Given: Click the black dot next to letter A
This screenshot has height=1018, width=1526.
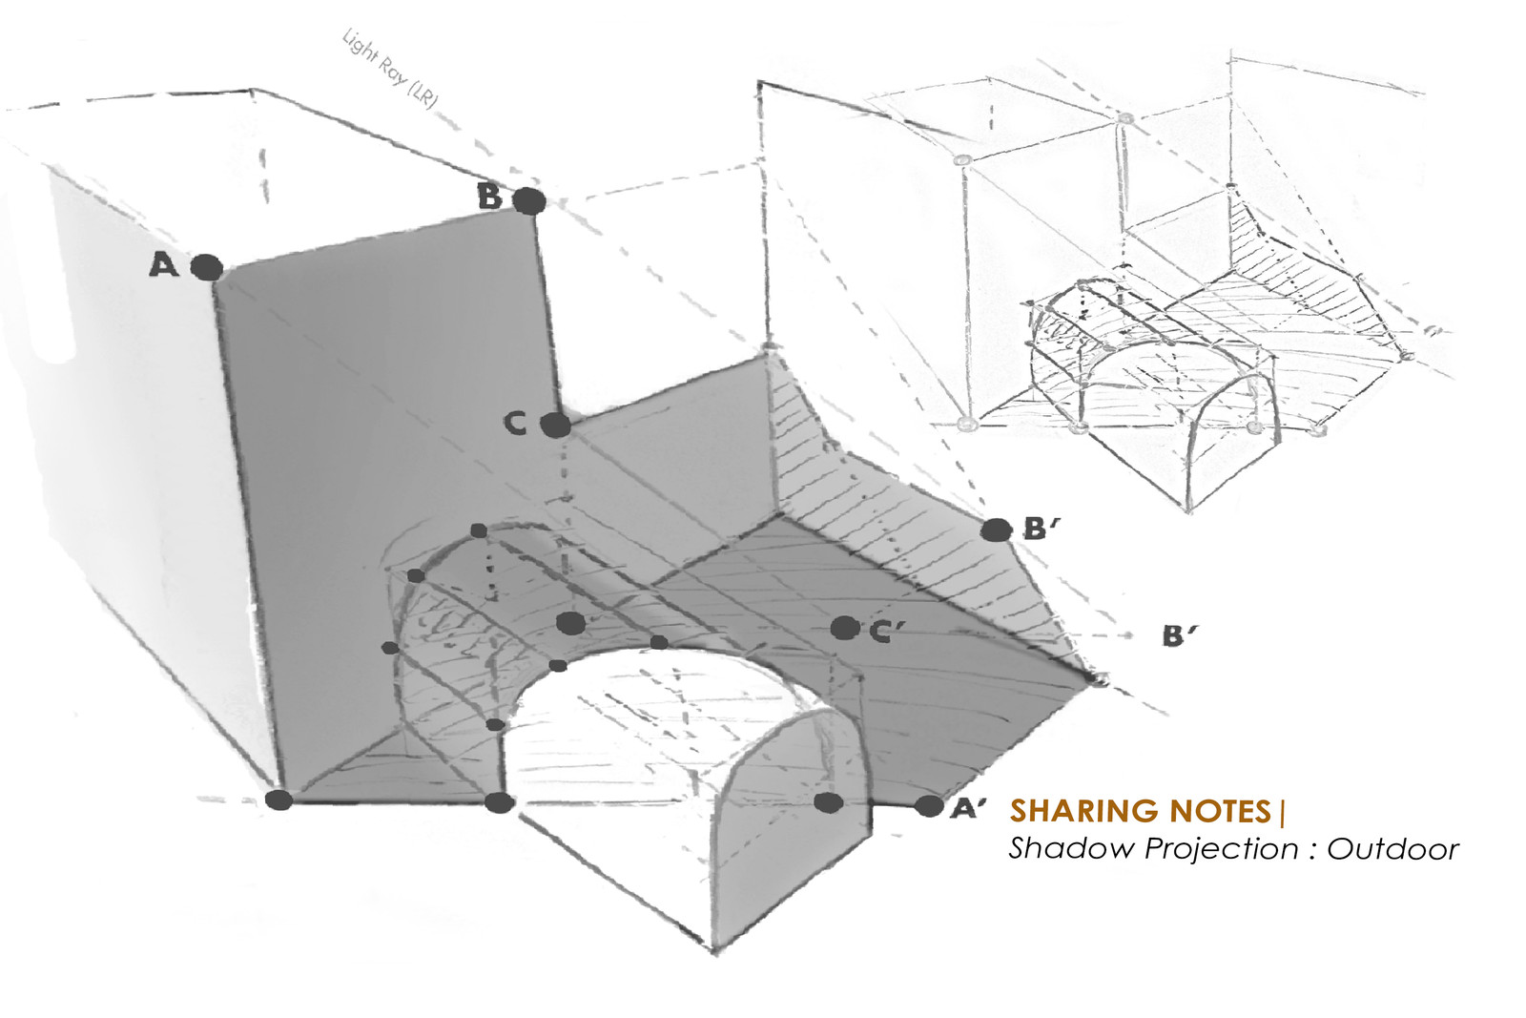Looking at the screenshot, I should [x=207, y=267].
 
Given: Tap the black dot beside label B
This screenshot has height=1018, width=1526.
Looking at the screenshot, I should [x=529, y=201].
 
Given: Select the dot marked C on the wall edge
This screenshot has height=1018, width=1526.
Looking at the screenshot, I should [x=555, y=425].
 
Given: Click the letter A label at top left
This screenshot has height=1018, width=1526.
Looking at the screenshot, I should [x=164, y=265].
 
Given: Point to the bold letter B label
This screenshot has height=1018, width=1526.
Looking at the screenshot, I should [x=489, y=197].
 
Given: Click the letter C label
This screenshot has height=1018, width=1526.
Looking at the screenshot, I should [x=515, y=422].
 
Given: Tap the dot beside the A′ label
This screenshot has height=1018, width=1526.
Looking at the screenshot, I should [x=928, y=806].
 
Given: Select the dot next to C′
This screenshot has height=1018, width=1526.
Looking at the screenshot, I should [x=843, y=628].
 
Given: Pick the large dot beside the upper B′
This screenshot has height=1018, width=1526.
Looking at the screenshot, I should [x=996, y=530].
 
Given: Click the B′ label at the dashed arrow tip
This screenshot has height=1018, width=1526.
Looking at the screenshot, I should [x=1179, y=636].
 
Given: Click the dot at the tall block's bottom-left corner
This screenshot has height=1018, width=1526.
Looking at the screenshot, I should [x=278, y=800].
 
